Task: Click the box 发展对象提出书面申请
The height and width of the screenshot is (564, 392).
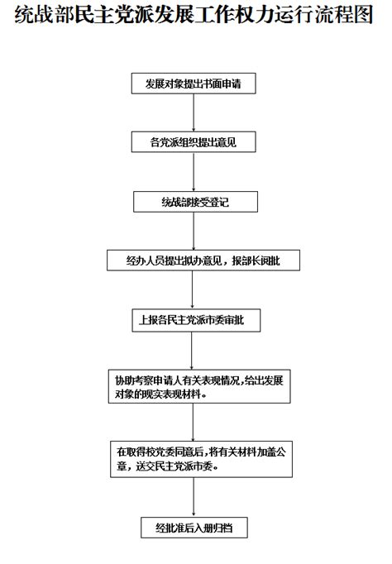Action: pos(194,84)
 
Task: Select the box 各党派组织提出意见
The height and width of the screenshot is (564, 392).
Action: pos(194,142)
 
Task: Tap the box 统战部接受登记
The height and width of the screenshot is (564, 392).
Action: pos(196,202)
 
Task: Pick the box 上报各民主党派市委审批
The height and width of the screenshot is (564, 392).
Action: pos(196,320)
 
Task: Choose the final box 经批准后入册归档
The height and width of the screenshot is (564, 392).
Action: pos(194,528)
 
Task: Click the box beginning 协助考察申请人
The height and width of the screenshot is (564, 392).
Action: pos(199,386)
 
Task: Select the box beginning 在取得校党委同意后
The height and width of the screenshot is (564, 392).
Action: pos(202,459)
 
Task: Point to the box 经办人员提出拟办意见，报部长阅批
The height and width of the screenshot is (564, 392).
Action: pos(203,260)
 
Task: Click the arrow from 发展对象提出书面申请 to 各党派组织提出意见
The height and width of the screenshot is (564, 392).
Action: pos(194,112)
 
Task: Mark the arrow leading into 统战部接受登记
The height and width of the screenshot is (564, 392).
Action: pos(194,172)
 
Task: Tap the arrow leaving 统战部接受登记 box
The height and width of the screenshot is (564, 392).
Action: pos(194,231)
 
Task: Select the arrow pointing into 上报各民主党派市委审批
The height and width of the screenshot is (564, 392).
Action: pos(192,290)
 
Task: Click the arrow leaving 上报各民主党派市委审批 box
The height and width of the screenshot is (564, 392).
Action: pos(192,351)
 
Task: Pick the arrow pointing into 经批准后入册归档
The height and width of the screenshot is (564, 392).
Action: pos(194,497)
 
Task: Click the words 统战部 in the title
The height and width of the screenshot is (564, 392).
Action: pos(45,16)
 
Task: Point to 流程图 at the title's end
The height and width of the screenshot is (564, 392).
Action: pos(344,16)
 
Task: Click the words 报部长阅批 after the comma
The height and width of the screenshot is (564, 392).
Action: pos(256,260)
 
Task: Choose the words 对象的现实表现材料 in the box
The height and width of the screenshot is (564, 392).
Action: pos(158,394)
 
